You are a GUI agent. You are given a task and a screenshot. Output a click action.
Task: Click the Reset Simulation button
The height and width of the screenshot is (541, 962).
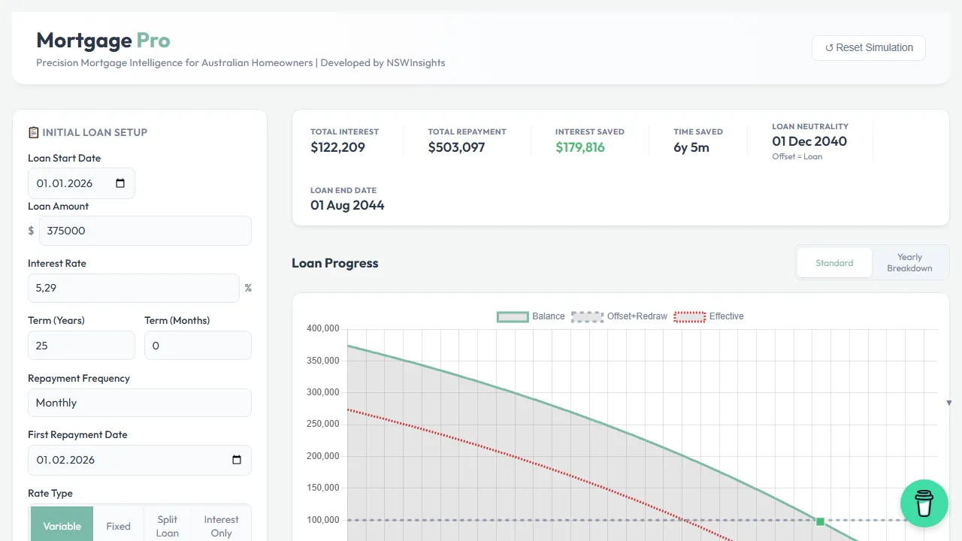tap(868, 47)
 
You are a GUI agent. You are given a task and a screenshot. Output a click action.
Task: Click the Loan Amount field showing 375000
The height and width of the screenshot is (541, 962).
tap(145, 231)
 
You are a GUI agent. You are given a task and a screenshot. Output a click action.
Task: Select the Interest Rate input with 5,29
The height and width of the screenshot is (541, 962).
tap(133, 288)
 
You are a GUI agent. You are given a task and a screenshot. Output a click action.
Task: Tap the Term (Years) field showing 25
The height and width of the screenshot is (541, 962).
tap(81, 346)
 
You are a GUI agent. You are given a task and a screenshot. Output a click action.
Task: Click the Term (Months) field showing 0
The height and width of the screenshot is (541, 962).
tap(198, 346)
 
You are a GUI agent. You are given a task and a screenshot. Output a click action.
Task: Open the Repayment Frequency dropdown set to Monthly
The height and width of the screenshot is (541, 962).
tap(139, 403)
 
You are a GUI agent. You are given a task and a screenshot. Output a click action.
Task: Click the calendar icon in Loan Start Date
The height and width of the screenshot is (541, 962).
tap(120, 183)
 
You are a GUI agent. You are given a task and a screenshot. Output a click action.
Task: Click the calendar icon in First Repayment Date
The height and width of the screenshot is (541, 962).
tap(237, 460)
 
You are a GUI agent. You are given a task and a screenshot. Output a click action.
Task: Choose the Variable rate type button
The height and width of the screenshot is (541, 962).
tap(62, 526)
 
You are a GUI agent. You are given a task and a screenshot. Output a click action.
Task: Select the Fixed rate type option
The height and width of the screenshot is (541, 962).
tap(118, 526)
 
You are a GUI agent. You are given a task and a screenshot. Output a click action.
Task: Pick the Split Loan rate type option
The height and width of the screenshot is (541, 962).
tap(168, 526)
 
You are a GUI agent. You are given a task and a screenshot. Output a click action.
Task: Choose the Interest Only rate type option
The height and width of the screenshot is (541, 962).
tap(221, 526)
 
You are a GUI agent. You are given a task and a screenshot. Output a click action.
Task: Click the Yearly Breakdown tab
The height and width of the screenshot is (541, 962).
tap(909, 263)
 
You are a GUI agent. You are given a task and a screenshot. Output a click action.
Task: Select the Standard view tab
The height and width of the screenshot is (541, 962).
tap(834, 263)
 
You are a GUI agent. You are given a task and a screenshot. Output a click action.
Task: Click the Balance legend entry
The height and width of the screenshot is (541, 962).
tap(531, 316)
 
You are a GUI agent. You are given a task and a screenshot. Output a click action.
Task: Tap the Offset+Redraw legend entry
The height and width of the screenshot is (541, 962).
tap(619, 316)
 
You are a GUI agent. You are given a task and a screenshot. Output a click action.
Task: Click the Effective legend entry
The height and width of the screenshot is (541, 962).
tap(709, 316)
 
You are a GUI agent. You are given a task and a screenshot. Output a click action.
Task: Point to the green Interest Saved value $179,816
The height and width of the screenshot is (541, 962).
tap(580, 147)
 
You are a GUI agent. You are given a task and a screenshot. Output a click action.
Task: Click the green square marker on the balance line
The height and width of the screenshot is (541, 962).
tap(820, 521)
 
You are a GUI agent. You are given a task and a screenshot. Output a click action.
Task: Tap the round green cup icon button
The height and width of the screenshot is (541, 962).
tap(924, 503)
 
